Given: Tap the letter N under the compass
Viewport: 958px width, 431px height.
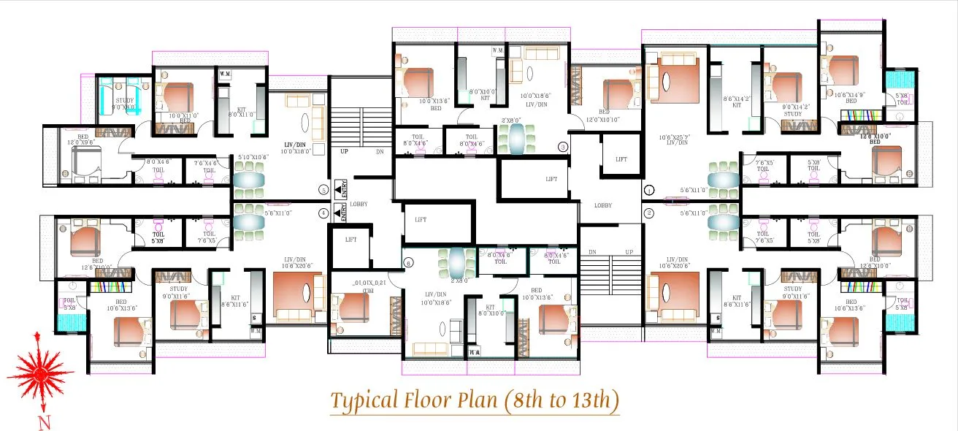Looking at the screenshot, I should coord(45,422).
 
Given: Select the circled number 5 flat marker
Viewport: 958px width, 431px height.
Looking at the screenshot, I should coord(323,190).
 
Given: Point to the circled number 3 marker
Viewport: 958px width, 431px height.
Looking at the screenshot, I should coord(563,146).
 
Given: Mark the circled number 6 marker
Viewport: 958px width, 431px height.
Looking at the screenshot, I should coord(408,262).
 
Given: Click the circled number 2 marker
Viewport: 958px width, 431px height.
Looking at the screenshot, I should coord(649,213).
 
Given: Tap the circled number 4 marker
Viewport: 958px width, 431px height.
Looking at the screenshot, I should coord(323,213).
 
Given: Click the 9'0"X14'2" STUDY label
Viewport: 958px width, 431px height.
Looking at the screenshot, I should coord(793,110).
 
